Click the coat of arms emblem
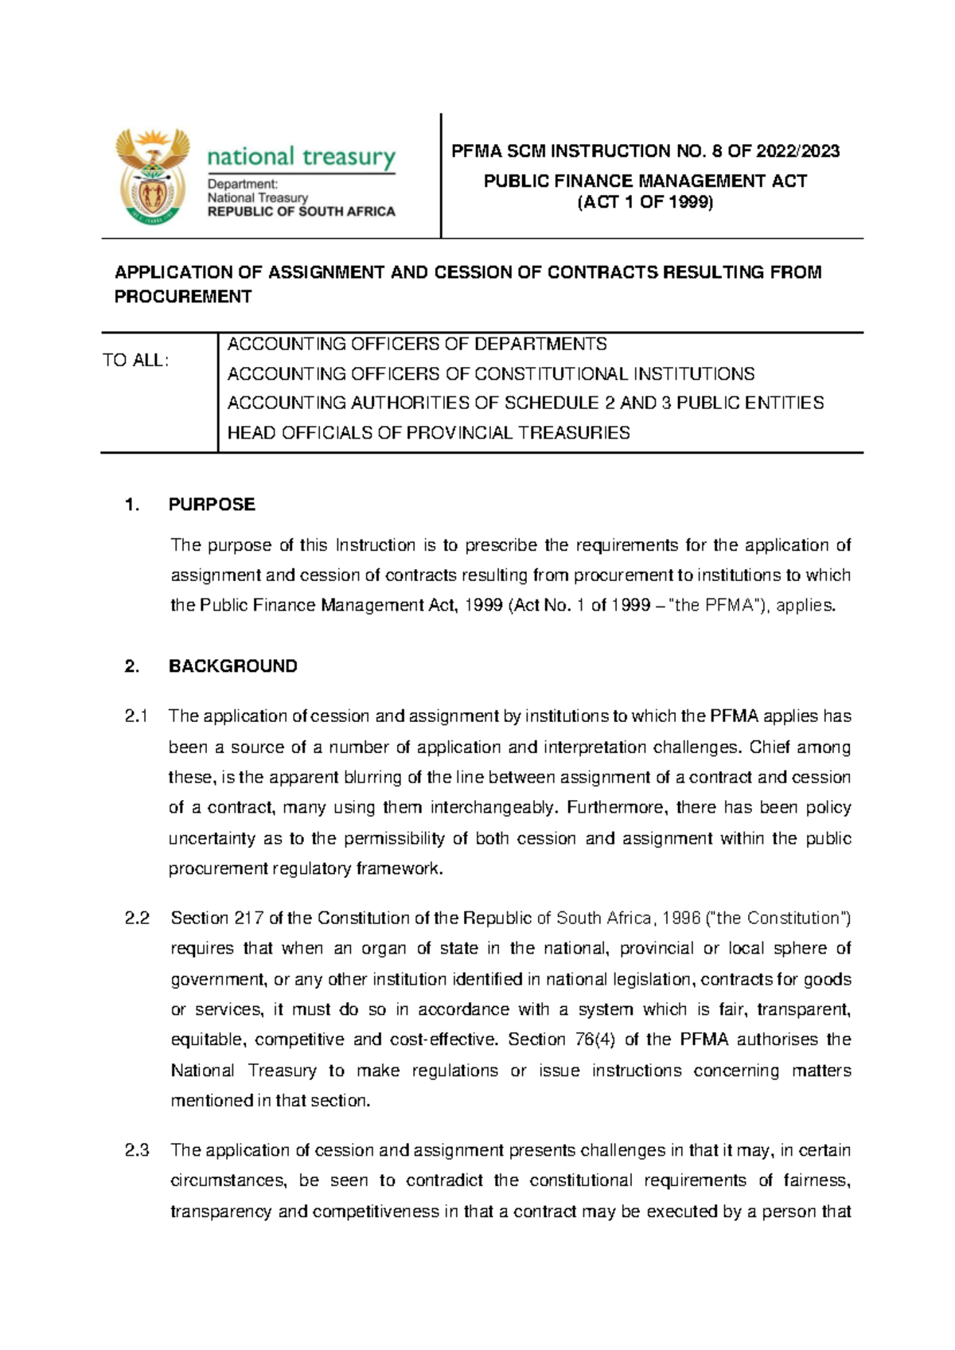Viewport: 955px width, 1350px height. point(153,177)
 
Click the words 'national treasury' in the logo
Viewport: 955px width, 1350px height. point(301,157)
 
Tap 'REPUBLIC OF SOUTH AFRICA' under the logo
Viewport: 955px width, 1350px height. point(301,212)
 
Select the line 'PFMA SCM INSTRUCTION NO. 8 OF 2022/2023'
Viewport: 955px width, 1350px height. point(645,151)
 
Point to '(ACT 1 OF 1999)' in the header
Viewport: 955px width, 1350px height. point(645,202)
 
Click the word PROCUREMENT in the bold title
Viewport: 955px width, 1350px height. point(183,297)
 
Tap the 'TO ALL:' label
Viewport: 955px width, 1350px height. point(135,361)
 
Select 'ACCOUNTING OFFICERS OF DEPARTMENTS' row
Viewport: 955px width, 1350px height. point(417,345)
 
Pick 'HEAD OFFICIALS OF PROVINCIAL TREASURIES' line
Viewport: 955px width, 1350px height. point(428,433)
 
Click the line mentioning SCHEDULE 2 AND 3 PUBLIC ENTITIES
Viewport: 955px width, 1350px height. point(525,404)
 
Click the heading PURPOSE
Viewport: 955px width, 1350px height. point(212,505)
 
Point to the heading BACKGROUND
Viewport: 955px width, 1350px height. point(232,666)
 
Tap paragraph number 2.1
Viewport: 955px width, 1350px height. point(137,716)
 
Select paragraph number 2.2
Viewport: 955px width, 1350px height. point(137,919)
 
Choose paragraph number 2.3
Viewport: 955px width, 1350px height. point(137,1150)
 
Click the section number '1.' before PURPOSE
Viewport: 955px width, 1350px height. point(132,505)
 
